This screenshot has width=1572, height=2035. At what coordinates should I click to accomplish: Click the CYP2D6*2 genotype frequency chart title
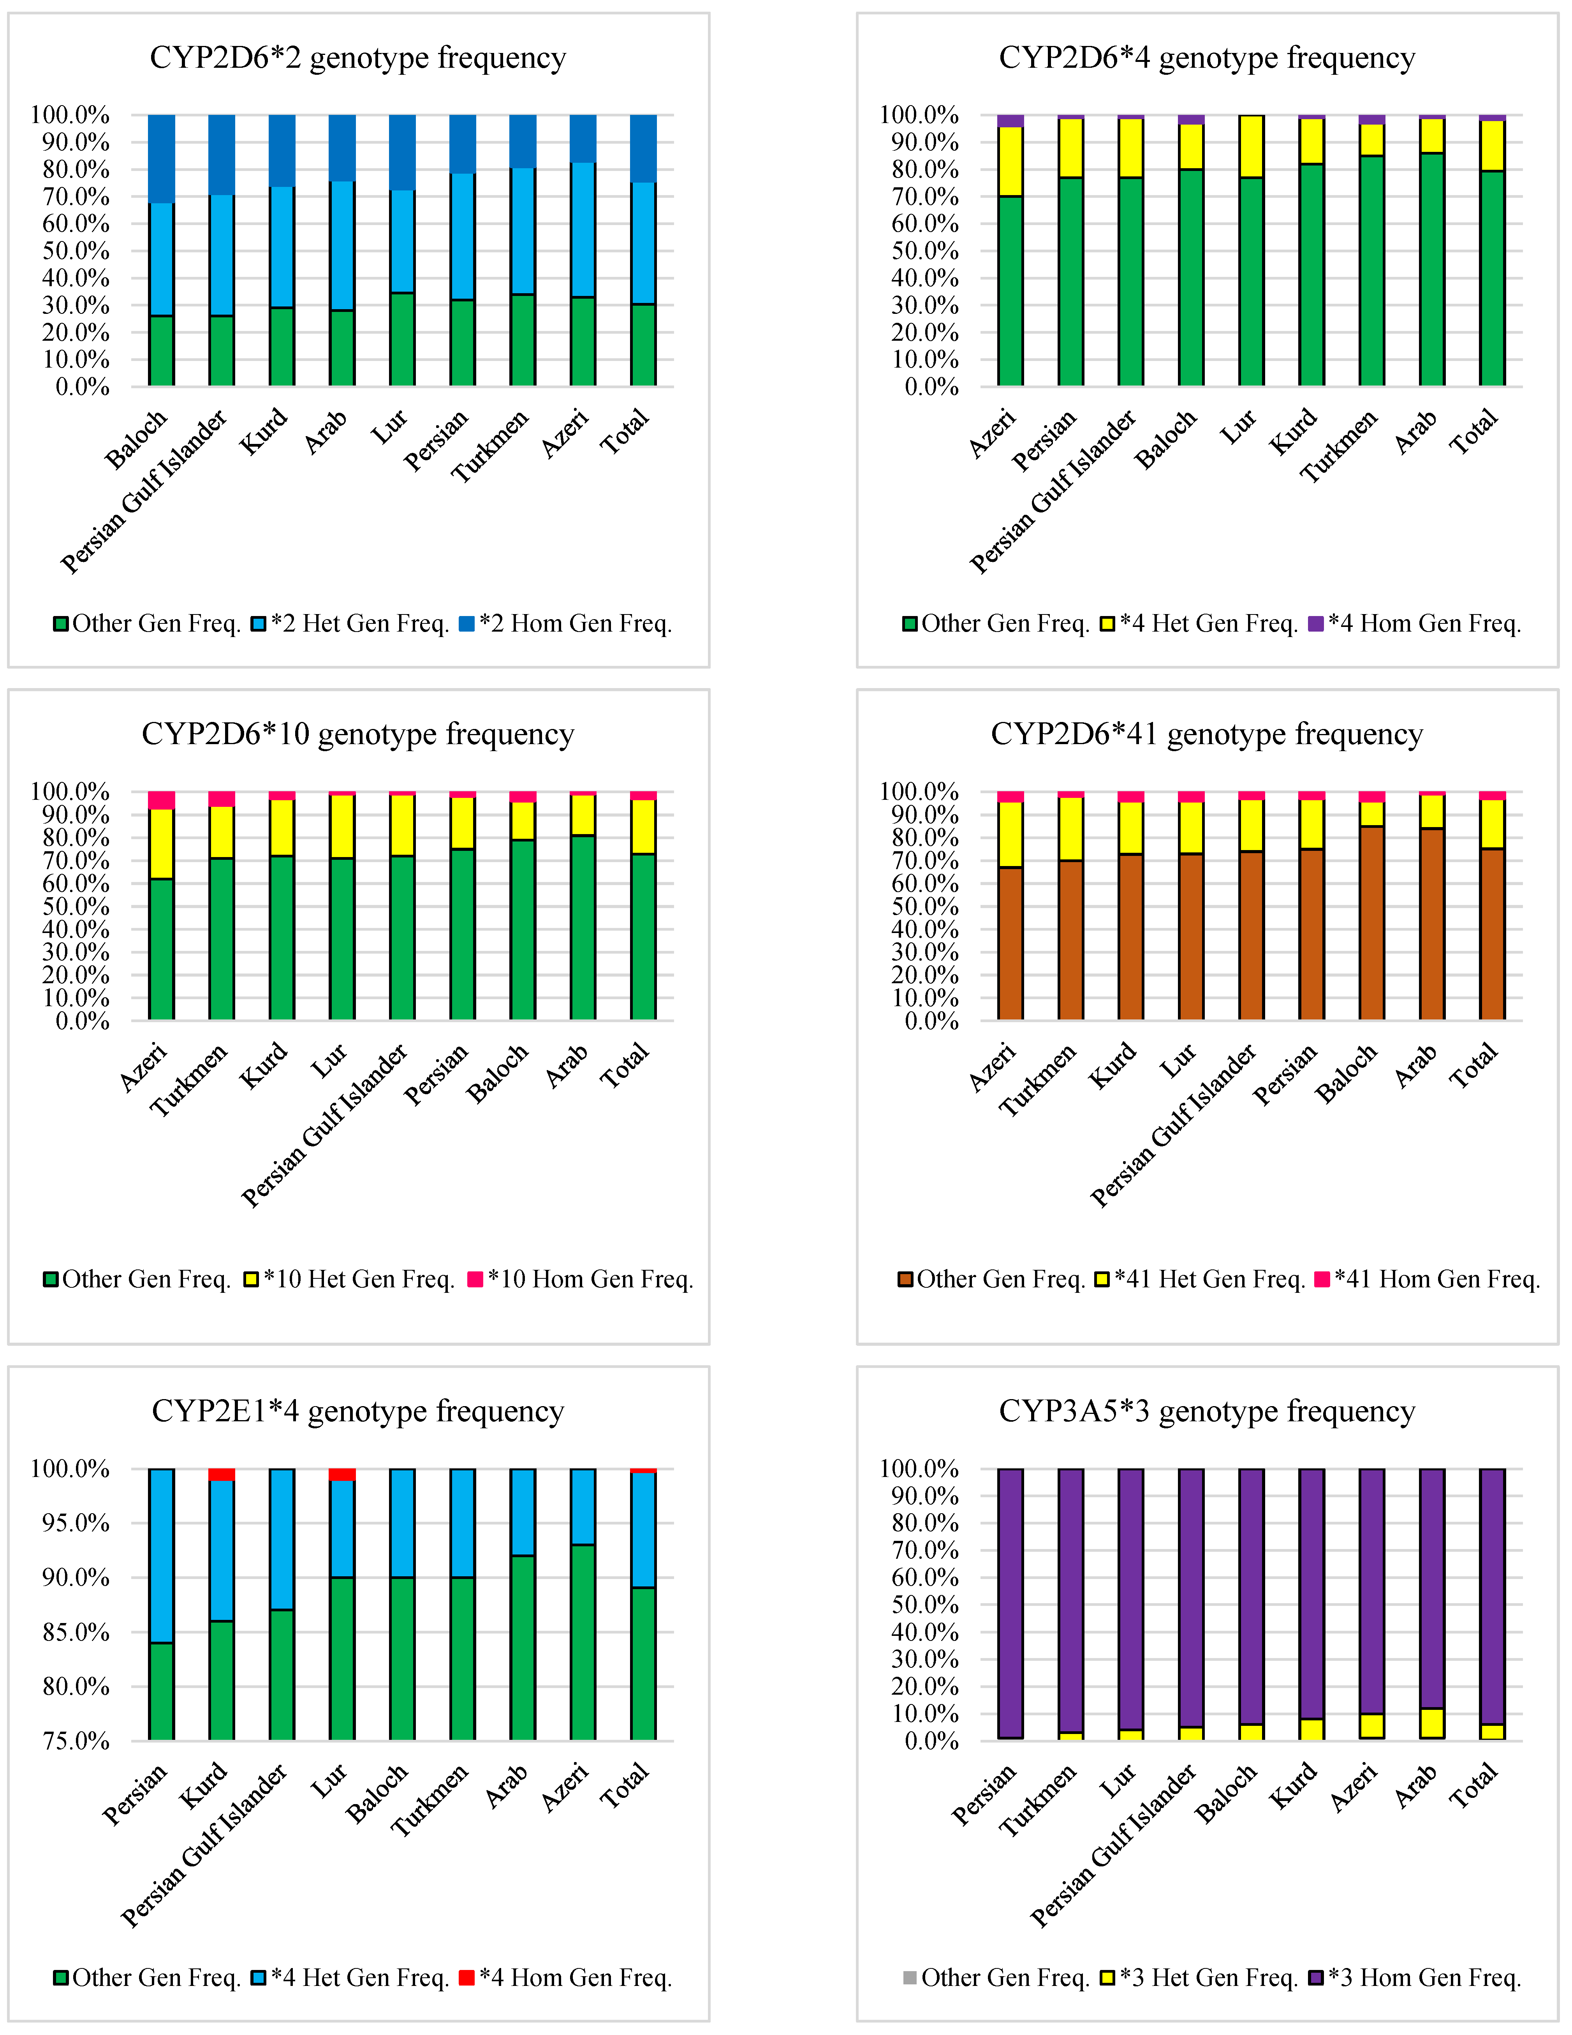pos(358,58)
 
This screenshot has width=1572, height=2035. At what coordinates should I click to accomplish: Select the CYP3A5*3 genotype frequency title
pos(1207,1412)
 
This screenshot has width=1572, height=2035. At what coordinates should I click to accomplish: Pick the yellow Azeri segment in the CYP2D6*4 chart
pos(1010,160)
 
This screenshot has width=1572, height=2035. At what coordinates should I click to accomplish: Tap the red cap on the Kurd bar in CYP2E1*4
pos(222,1474)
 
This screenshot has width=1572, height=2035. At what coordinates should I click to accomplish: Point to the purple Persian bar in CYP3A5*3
pos(1010,1603)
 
